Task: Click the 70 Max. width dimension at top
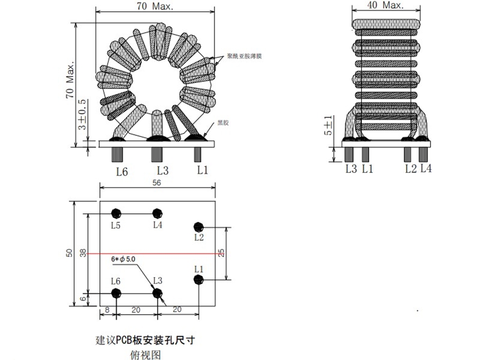tap(155, 6)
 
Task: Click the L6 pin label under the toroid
tap(122, 172)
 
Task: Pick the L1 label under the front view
tap(202, 170)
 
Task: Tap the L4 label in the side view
tap(426, 168)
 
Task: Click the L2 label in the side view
tap(411, 169)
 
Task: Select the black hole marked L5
tap(116, 213)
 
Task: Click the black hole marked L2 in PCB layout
tap(199, 227)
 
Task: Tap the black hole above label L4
tap(158, 213)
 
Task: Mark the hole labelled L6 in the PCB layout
tap(116, 293)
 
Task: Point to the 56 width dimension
tap(157, 184)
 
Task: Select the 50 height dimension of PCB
tap(69, 253)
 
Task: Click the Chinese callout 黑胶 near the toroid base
tap(223, 123)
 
